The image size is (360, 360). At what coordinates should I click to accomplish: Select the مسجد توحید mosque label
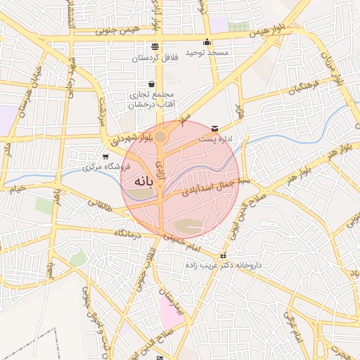[x=205, y=53]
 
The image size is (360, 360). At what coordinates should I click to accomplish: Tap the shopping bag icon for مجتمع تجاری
[x=151, y=84]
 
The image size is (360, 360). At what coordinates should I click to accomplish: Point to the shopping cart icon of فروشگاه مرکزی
[x=105, y=157]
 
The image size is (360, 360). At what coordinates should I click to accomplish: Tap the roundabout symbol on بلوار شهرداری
[x=161, y=136]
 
